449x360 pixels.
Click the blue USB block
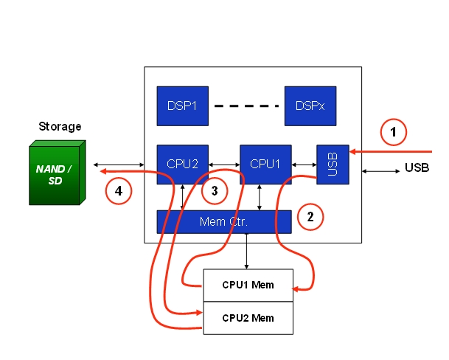tap(333, 164)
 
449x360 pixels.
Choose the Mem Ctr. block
tap(223, 221)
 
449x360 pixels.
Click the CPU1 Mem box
tap(248, 285)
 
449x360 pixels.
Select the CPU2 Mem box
tap(248, 318)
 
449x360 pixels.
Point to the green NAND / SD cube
tap(56, 174)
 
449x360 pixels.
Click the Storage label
tap(60, 127)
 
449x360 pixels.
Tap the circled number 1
tap(394, 133)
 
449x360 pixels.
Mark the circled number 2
tap(310, 216)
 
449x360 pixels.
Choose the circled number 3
tap(215, 190)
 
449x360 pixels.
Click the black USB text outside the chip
tap(417, 168)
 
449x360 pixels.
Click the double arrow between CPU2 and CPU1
tap(224, 164)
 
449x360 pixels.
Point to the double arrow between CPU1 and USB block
tap(304, 164)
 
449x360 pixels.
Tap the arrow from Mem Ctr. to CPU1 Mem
tap(246, 251)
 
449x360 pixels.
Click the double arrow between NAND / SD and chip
tap(117, 165)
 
